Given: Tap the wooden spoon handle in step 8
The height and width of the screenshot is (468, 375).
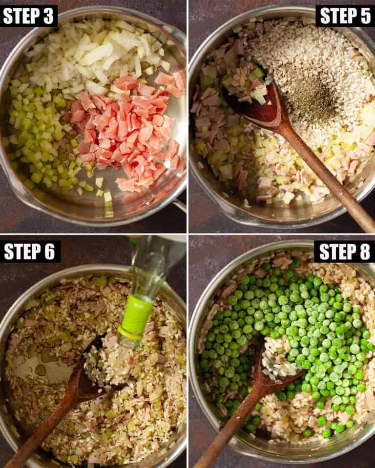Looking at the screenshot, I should click(229, 429).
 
